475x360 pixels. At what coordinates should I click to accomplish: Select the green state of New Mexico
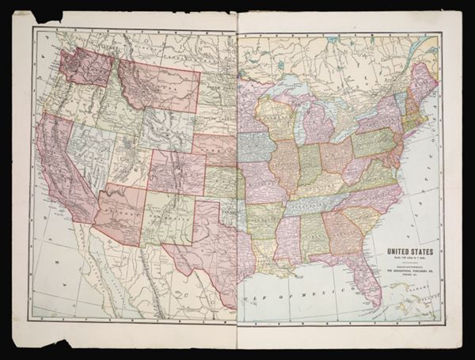[x=168, y=219]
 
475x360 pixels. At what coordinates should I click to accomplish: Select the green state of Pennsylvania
[x=373, y=142]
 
